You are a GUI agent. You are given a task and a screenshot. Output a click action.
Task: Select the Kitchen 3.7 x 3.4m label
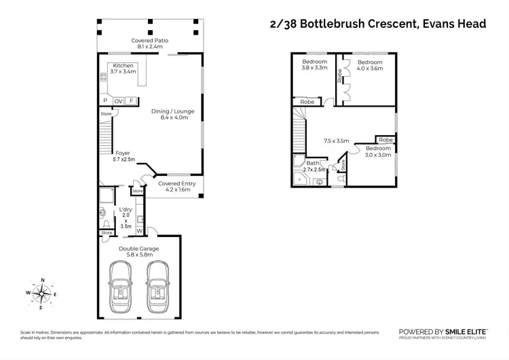pyautogui.click(x=124, y=68)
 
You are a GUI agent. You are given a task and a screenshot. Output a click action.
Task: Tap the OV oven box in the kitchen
pyautogui.click(x=118, y=101)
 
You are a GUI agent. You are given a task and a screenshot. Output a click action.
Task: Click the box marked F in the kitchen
pyautogui.click(x=130, y=101)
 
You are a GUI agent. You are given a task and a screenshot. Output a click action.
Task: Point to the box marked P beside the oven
pyautogui.click(x=105, y=101)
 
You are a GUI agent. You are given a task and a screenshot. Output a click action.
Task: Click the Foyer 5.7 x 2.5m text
pyautogui.click(x=124, y=156)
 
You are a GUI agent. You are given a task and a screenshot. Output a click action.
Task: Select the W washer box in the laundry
pyautogui.click(x=139, y=230)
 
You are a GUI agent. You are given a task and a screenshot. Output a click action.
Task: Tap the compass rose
pyautogui.click(x=42, y=293)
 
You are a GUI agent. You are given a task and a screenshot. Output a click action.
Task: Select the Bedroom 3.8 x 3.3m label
pyautogui.click(x=314, y=65)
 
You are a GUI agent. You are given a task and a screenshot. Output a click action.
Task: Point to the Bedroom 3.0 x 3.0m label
pyautogui.click(x=378, y=151)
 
